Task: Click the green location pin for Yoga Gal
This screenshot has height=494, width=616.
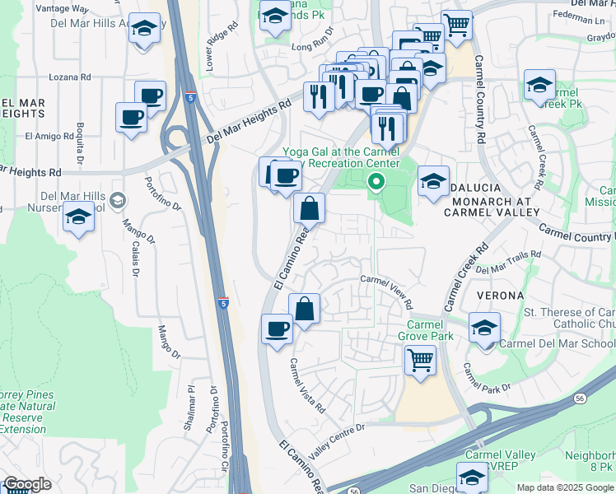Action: (376, 181)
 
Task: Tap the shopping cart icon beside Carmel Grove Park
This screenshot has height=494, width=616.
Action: (420, 360)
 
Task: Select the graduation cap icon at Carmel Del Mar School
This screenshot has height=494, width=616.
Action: (484, 327)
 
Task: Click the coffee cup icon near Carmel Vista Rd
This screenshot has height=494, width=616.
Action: (277, 329)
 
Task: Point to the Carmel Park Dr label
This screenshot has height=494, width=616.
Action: (487, 376)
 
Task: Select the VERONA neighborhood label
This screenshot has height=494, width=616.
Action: (498, 295)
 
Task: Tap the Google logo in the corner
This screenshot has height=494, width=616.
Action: (27, 484)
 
